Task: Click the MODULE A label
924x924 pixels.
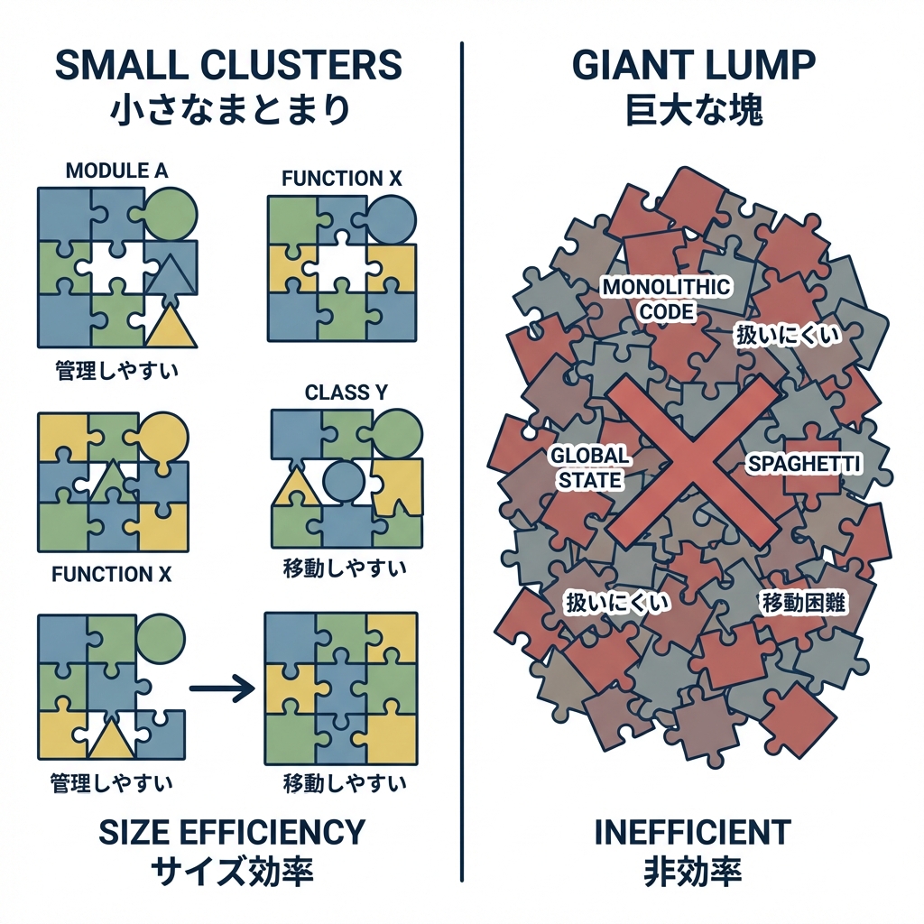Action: (x=117, y=170)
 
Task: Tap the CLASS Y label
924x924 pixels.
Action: (x=338, y=393)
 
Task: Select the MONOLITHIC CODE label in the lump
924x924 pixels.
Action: (x=667, y=299)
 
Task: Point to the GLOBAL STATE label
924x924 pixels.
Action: (x=590, y=467)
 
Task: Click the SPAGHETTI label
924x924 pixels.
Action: (x=805, y=464)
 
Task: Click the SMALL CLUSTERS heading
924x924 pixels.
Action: (x=227, y=67)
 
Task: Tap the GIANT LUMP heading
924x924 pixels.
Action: (x=694, y=67)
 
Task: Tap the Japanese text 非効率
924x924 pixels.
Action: (x=693, y=872)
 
